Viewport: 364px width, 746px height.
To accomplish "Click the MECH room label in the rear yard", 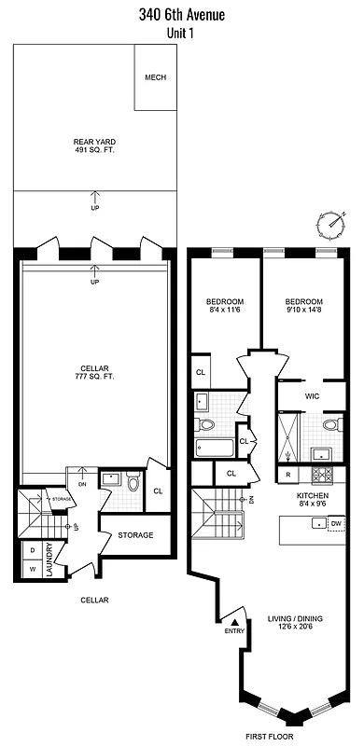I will [x=155, y=77].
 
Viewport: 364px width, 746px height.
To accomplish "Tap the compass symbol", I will [x=330, y=224].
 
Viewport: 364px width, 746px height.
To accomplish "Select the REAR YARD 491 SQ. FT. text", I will [x=94, y=147].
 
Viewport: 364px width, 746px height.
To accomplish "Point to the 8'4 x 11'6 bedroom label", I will [x=225, y=307].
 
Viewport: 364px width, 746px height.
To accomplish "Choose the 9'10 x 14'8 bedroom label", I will [x=303, y=307].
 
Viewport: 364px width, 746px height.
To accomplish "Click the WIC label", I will [x=314, y=395].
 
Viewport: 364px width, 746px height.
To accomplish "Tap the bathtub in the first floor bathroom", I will [x=214, y=444].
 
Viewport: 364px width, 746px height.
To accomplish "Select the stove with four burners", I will [x=322, y=455].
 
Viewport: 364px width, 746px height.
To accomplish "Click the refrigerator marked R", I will [x=287, y=475].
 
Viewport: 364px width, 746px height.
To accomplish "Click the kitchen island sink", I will [x=315, y=524].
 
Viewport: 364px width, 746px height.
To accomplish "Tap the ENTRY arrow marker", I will [x=235, y=621].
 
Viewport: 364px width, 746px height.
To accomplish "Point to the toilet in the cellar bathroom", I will [x=133, y=484].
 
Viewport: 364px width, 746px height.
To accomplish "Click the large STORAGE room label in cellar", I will [x=135, y=535].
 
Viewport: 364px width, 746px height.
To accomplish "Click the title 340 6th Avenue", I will [x=183, y=14].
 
